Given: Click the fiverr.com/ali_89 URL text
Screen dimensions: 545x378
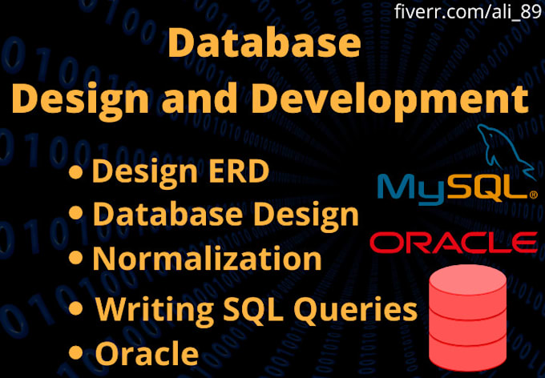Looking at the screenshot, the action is tap(467, 12).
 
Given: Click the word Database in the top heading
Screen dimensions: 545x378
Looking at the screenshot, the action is tap(264, 45).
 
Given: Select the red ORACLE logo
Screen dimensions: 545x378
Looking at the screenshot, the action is tap(454, 242).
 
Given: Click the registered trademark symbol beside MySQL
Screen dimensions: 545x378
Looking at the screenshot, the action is tap(532, 196).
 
